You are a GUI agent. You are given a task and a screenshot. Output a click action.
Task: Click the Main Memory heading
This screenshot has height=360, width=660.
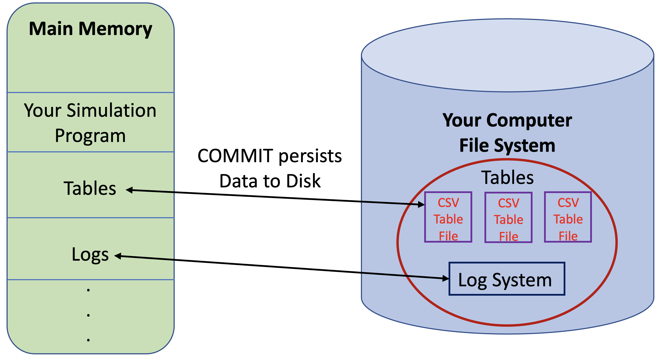click(90, 29)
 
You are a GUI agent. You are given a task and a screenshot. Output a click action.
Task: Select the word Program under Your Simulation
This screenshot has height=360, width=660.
click(90, 136)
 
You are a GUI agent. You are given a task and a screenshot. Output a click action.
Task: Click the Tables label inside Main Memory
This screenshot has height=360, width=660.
click(90, 188)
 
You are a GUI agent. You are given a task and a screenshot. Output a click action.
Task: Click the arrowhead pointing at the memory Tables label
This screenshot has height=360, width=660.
click(129, 190)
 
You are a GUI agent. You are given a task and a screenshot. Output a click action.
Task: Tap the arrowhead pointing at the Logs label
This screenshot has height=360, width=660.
click(118, 256)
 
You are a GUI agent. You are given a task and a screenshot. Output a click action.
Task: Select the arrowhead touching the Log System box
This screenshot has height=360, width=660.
click(445, 278)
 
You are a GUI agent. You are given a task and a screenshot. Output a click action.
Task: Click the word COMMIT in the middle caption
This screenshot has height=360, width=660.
click(235, 156)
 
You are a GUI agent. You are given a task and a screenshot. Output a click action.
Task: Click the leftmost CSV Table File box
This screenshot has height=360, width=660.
click(448, 217)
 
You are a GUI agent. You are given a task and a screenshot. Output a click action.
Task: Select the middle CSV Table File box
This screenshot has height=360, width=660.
click(508, 217)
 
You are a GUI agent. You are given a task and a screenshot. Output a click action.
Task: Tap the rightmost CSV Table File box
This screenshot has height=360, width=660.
click(568, 217)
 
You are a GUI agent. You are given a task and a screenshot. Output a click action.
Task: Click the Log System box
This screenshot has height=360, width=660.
click(507, 279)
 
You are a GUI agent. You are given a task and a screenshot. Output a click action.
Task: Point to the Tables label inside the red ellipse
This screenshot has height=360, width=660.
click(507, 177)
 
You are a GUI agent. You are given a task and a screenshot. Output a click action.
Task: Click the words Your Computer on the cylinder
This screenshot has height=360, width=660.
click(507, 120)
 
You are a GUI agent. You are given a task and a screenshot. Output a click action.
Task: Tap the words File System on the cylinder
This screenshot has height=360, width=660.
click(507, 145)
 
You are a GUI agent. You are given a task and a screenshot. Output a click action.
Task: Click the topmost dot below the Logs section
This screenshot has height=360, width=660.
click(88, 290)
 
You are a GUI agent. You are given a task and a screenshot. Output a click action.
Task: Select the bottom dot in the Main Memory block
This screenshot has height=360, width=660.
click(88, 340)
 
